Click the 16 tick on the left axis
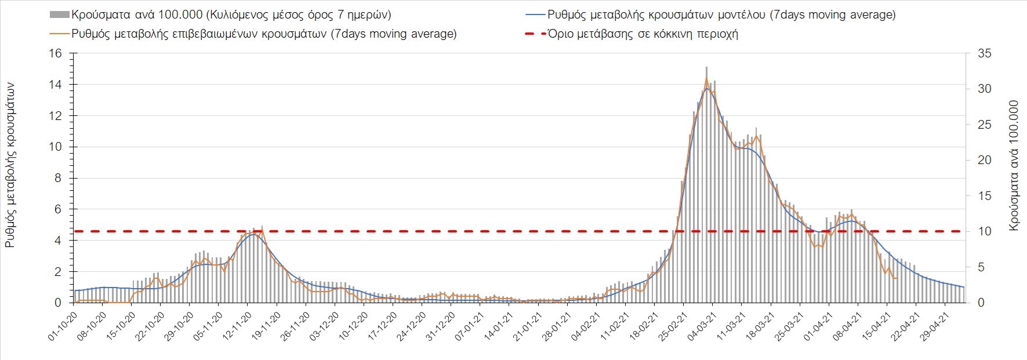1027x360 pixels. point(56,53)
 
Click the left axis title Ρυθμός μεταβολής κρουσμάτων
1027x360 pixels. point(10,165)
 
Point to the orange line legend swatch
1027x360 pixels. point(60,34)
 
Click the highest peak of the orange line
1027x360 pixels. point(706,78)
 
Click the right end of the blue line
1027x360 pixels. point(963,287)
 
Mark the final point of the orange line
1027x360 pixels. point(897,278)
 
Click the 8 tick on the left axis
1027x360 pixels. point(57,178)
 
